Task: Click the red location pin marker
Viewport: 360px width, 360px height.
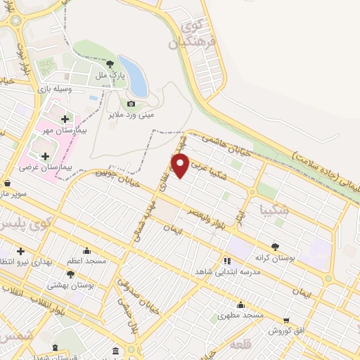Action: (181, 166)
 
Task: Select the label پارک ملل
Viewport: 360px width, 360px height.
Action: (110, 75)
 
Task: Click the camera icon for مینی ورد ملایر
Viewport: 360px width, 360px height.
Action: (131, 104)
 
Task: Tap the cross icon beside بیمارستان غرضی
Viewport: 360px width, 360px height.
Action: (46, 156)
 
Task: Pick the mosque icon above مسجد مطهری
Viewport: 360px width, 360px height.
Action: (241, 304)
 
